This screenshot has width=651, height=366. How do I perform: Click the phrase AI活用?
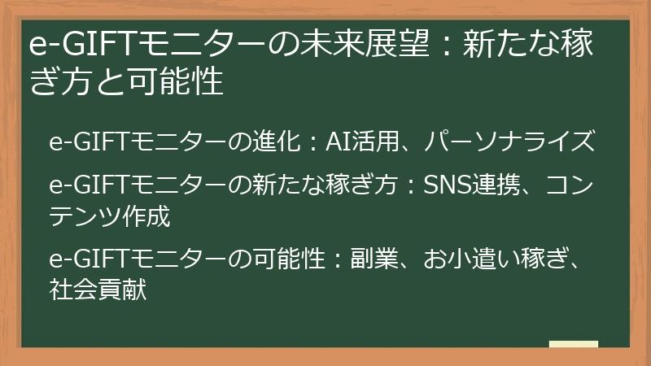363,144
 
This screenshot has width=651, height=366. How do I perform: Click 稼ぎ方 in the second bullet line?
367,185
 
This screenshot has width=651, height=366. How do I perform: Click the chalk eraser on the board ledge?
573,345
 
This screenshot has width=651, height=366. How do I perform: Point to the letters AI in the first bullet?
338,144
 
